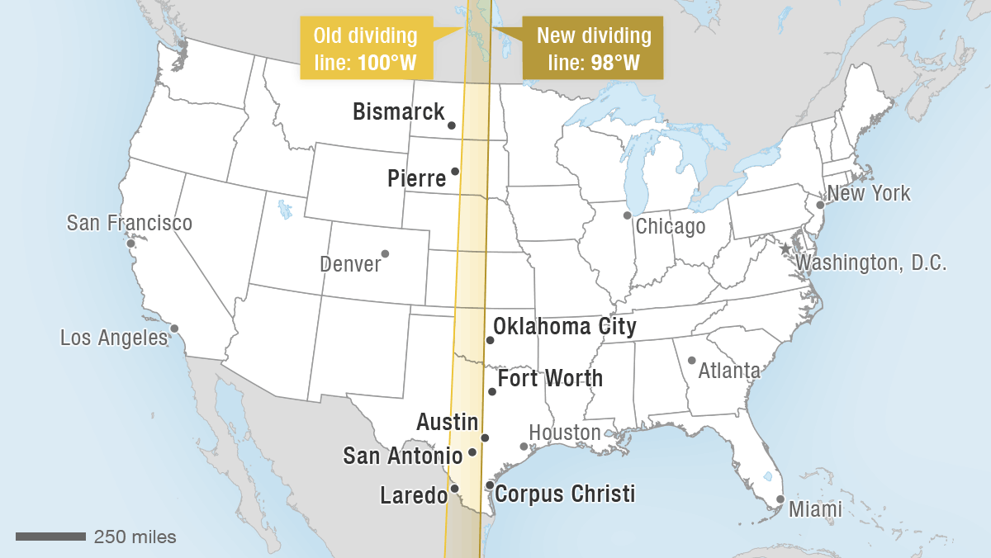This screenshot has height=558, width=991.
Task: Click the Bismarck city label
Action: tap(398, 112)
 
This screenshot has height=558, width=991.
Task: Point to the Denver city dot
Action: tap(385, 253)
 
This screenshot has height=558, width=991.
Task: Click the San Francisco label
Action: tap(129, 223)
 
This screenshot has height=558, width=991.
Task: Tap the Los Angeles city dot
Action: tap(174, 329)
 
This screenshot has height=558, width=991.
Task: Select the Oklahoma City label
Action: tap(565, 327)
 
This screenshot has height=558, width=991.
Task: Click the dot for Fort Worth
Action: tap(492, 391)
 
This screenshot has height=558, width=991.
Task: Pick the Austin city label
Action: tap(447, 423)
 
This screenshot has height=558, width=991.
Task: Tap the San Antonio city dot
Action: tap(472, 452)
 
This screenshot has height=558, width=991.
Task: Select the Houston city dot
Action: tap(524, 447)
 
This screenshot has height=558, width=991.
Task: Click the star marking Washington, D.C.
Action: tap(785, 248)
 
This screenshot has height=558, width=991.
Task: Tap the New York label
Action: tap(869, 194)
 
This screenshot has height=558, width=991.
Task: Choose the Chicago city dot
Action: tap(628, 215)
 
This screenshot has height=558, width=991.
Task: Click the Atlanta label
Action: tap(729, 371)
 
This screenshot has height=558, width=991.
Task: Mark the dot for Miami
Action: tap(780, 499)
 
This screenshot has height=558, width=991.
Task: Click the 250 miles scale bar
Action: tap(50, 537)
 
